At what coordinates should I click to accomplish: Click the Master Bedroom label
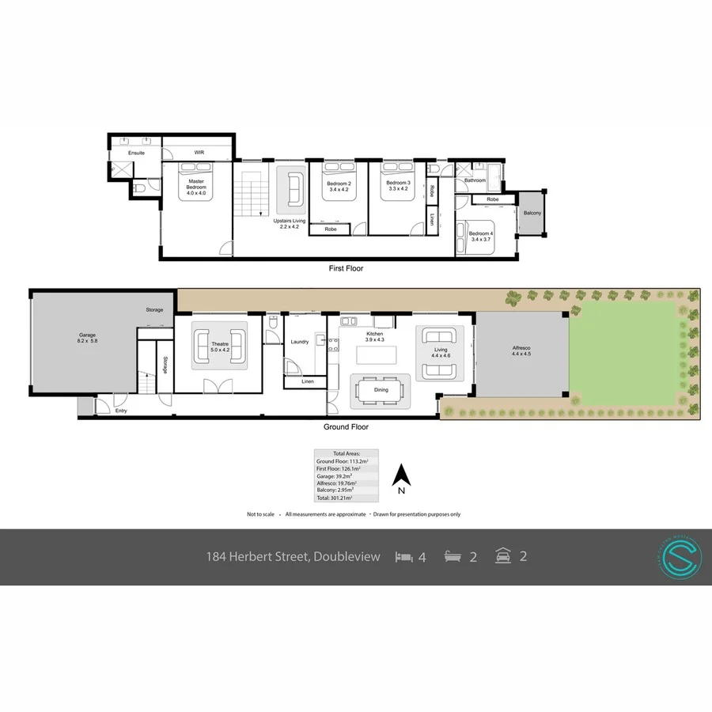[x=195, y=184]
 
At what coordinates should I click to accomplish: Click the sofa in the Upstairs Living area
[x=294, y=187]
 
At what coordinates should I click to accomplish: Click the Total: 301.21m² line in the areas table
[x=334, y=498]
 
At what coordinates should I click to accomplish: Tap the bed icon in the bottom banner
[x=403, y=557]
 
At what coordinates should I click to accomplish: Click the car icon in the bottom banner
[x=502, y=556]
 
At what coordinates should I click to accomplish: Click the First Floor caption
[x=346, y=269]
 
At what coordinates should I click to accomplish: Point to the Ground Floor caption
[x=346, y=427]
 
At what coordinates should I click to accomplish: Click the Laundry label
[x=299, y=342]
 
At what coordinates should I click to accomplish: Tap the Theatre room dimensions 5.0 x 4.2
[x=219, y=350]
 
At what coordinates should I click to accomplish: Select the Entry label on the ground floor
[x=120, y=411]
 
